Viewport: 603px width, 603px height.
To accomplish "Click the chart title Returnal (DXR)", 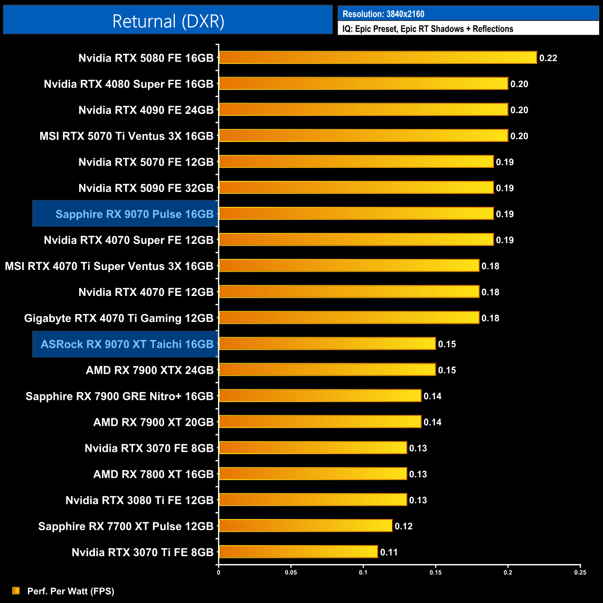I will pos(168,21).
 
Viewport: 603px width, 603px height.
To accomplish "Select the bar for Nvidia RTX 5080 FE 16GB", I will pos(378,58).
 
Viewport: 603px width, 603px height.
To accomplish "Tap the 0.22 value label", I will pos(548,58).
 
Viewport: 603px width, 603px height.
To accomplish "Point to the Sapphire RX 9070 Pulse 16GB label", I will pos(135,214).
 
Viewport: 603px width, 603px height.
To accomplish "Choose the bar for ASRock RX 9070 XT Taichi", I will pos(327,344).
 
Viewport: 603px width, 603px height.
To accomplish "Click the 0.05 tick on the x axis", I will pos(291,572).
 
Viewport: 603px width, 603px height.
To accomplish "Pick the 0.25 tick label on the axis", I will pos(580,572).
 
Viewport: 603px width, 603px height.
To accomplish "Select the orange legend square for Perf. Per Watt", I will pos(16,590).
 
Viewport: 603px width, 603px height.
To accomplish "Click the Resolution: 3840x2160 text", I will pos(383,14).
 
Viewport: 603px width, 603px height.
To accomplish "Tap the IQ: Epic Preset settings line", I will pos(428,29).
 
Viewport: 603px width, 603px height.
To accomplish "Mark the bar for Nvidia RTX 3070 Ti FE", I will pos(298,552).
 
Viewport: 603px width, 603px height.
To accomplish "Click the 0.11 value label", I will pos(389,552).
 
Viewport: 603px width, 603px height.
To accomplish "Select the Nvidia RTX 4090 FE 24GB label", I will pos(146,110).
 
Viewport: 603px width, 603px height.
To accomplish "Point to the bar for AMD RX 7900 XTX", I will pos(327,370).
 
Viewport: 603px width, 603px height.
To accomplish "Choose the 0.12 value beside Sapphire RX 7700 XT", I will pos(403,526).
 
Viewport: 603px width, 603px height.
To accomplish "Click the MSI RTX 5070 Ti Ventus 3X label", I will pos(126,136).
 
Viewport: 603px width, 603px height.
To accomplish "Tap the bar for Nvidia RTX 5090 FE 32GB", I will pos(356,187).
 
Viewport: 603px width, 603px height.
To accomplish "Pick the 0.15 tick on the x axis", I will pos(436,572).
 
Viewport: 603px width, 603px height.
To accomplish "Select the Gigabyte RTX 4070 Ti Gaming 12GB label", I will pos(118,318).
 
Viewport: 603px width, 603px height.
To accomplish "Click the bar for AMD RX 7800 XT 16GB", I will pos(313,474).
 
